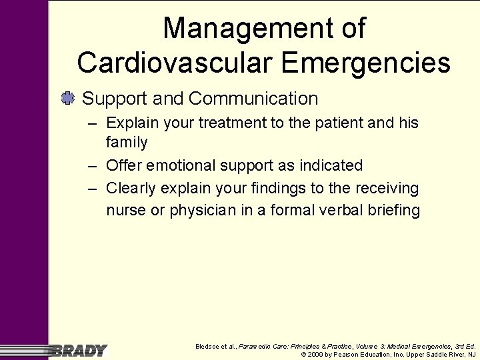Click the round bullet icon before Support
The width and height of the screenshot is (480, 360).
[67, 99]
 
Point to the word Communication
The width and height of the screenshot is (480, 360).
[253, 99]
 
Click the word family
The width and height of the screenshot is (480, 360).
[127, 142]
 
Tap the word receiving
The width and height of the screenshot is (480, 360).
[385, 188]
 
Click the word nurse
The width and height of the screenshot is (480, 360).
[125, 211]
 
